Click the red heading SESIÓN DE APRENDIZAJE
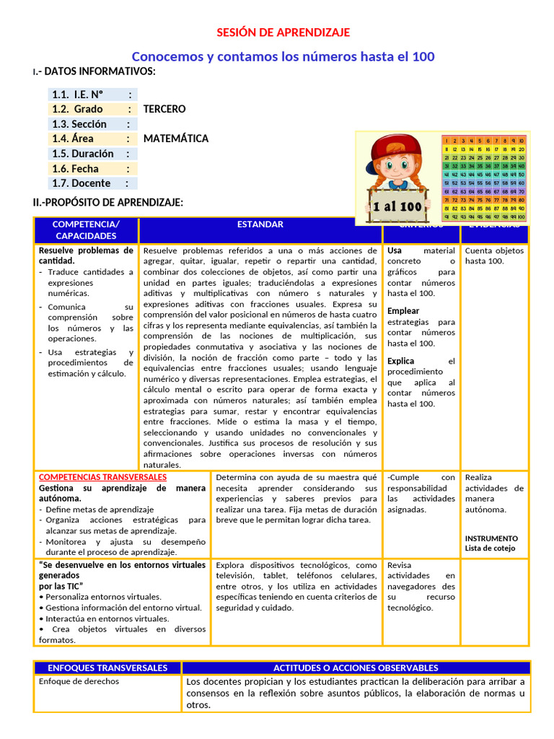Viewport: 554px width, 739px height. pyautogui.click(x=283, y=32)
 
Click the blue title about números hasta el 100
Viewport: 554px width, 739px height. pyautogui.click(x=283, y=56)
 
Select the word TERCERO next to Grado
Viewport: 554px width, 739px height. pyautogui.click(x=164, y=109)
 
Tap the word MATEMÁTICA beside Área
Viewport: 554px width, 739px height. pyautogui.click(x=176, y=139)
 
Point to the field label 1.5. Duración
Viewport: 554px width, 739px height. pyautogui.click(x=82, y=154)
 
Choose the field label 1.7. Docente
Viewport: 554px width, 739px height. pyautogui.click(x=81, y=183)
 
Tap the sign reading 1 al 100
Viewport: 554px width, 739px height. pyautogui.click(x=397, y=206)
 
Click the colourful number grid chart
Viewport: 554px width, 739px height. pyautogui.click(x=483, y=178)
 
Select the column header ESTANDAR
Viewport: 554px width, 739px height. pyautogui.click(x=260, y=224)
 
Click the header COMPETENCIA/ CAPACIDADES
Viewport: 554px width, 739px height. pyautogui.click(x=86, y=230)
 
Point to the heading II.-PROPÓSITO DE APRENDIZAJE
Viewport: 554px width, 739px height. pyautogui.click(x=108, y=203)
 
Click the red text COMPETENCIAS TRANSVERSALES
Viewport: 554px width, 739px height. pyautogui.click(x=102, y=477)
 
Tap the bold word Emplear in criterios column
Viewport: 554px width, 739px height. pyautogui.click(x=403, y=311)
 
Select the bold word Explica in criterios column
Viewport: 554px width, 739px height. pyautogui.click(x=401, y=361)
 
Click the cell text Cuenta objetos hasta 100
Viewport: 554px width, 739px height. pyautogui.click(x=494, y=255)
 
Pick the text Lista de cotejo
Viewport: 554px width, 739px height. pyautogui.click(x=491, y=548)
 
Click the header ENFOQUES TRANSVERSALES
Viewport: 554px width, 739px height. pyautogui.click(x=107, y=668)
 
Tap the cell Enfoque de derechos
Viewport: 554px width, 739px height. pyautogui.click(x=79, y=681)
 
